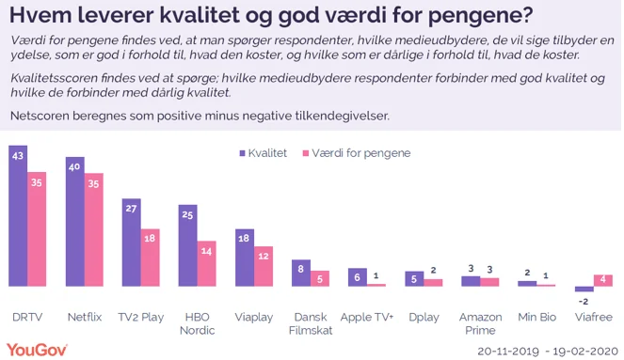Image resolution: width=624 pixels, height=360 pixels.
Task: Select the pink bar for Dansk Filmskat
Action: pos(320,278)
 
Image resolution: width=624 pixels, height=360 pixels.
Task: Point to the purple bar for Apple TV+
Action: pos(357,276)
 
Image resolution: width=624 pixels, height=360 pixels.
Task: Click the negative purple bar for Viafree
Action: pos(584,289)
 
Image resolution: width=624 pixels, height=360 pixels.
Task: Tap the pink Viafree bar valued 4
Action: pos(603,280)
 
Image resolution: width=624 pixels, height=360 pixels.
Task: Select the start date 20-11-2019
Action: pos(507,349)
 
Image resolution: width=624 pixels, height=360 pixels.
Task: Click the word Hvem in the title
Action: pos(39,15)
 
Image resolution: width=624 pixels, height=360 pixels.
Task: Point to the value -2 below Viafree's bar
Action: pos(583,301)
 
